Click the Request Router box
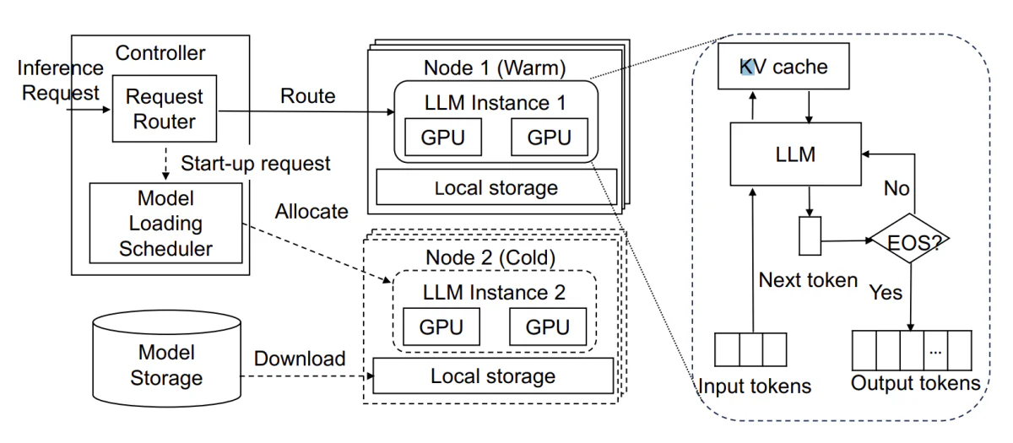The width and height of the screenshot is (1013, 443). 165,109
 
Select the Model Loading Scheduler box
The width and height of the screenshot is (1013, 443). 166,223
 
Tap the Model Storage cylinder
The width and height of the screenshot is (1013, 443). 167,358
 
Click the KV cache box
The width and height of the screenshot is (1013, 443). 783,66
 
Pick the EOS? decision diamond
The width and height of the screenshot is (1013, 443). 910,239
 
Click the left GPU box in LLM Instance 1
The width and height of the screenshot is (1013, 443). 443,137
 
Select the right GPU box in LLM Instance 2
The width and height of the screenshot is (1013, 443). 548,327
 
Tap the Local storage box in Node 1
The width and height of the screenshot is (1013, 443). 496,187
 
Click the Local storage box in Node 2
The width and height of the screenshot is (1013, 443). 493,376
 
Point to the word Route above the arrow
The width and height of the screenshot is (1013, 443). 308,96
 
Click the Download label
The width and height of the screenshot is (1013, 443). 300,359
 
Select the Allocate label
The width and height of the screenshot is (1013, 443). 312,211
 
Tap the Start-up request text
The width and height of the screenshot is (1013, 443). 256,163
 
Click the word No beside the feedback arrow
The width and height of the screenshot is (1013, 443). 897,188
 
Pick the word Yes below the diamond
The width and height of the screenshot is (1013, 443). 886,292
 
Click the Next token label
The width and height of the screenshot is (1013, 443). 808,280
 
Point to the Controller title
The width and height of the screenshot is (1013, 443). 160,53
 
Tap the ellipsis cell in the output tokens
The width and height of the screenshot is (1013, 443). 935,350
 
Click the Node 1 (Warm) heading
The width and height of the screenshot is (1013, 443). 495,68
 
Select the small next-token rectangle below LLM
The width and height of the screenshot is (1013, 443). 810,236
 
